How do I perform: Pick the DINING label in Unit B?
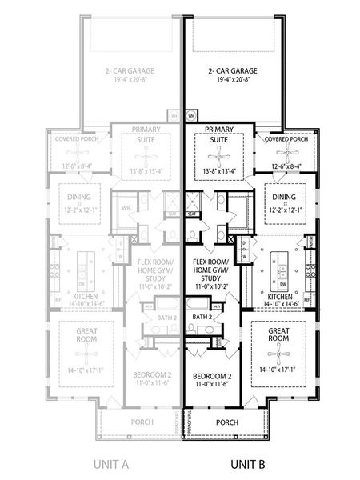284,197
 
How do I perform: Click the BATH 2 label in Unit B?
204,317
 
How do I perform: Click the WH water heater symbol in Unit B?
191,115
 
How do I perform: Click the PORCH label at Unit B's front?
227,422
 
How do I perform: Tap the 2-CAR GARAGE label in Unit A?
129,71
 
